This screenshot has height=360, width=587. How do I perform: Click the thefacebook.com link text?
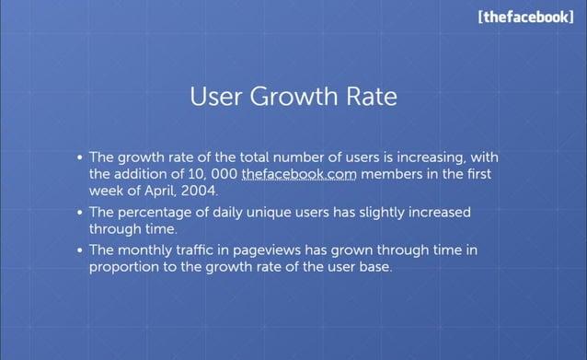point(298,174)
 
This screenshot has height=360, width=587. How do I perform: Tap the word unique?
point(277,212)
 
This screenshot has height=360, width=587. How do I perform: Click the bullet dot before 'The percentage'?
point(81,213)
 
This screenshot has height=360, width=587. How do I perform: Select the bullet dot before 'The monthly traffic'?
point(81,250)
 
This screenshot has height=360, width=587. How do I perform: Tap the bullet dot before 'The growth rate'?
point(81,158)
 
